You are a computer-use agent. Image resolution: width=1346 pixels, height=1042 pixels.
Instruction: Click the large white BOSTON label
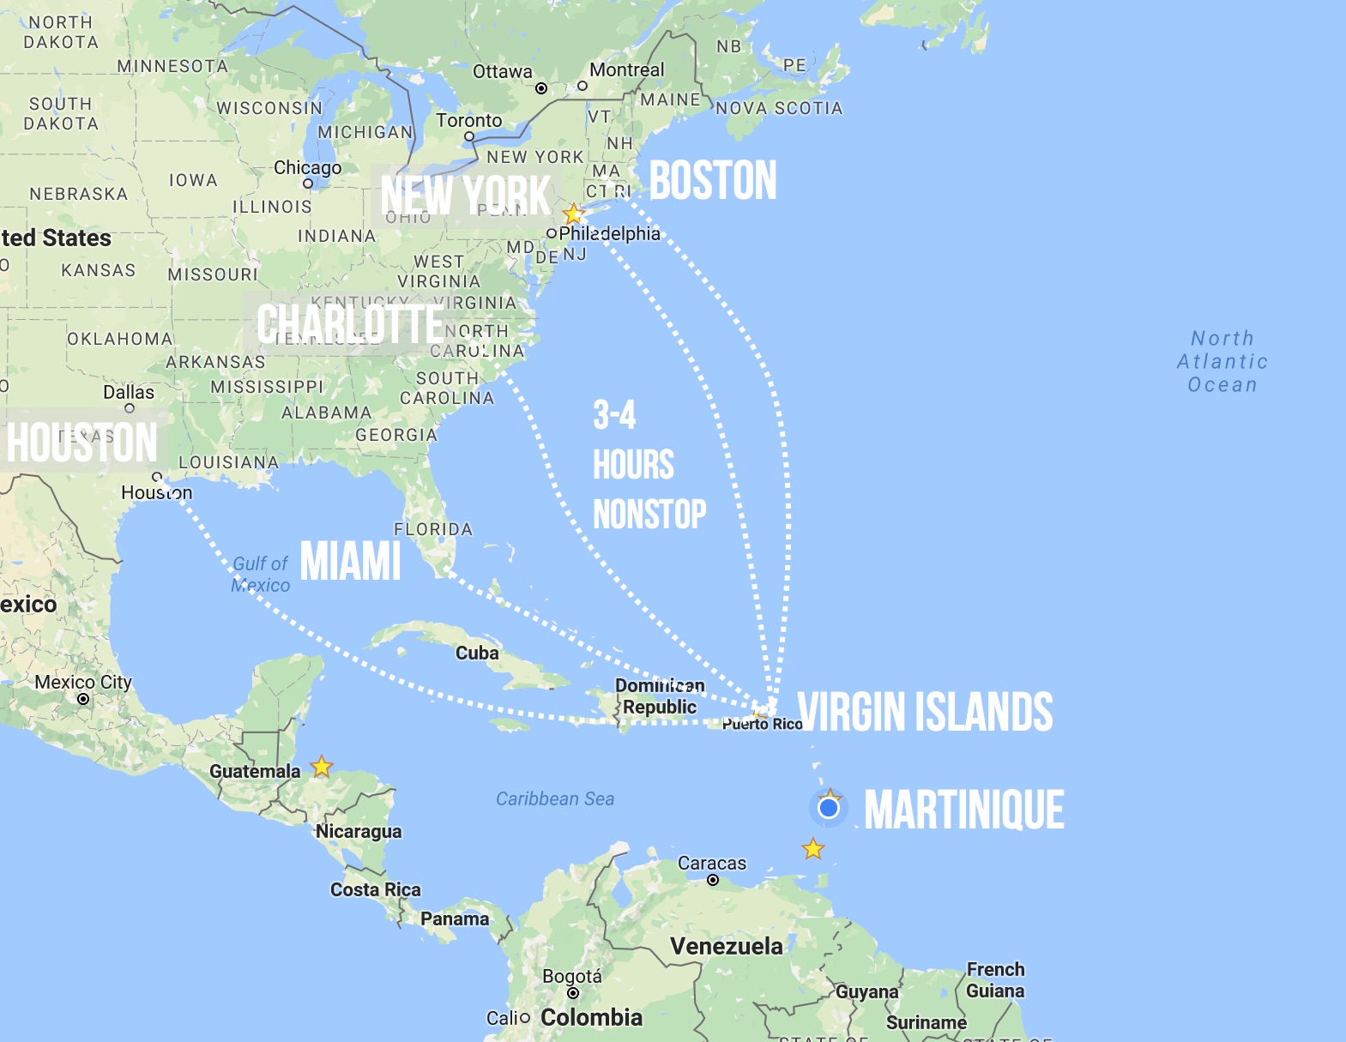712,181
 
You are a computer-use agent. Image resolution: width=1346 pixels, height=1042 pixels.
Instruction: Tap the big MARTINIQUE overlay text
963,810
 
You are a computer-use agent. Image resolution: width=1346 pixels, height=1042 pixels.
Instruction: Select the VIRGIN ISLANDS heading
925,712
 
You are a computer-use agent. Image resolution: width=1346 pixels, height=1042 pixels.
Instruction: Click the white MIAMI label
350,562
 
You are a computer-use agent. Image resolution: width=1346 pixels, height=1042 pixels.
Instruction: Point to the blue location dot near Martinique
829,808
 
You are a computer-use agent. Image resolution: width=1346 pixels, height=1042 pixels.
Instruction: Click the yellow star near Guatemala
322,766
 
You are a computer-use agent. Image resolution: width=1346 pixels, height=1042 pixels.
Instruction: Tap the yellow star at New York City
573,214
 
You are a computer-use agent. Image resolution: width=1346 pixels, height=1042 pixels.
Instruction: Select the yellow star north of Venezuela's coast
813,849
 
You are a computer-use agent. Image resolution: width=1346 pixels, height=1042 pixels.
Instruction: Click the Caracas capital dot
713,880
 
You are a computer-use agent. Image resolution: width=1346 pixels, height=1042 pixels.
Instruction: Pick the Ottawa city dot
541,88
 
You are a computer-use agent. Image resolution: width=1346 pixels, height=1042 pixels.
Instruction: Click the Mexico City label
83,683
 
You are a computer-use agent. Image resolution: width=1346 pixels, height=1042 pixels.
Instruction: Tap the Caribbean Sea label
555,799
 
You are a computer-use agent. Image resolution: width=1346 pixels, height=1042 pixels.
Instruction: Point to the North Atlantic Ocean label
1222,362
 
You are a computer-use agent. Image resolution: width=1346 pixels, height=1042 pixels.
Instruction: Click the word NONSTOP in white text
649,515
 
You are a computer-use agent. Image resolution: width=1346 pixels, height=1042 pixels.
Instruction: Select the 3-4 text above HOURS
614,415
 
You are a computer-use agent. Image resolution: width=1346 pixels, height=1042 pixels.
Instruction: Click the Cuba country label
477,654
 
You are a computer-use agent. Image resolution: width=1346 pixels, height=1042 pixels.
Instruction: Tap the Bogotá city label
572,977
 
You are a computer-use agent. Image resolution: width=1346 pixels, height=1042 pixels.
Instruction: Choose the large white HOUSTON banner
82,443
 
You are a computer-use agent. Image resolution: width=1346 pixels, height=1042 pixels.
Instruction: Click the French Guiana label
995,980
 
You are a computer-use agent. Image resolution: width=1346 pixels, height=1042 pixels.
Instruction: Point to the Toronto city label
469,121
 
